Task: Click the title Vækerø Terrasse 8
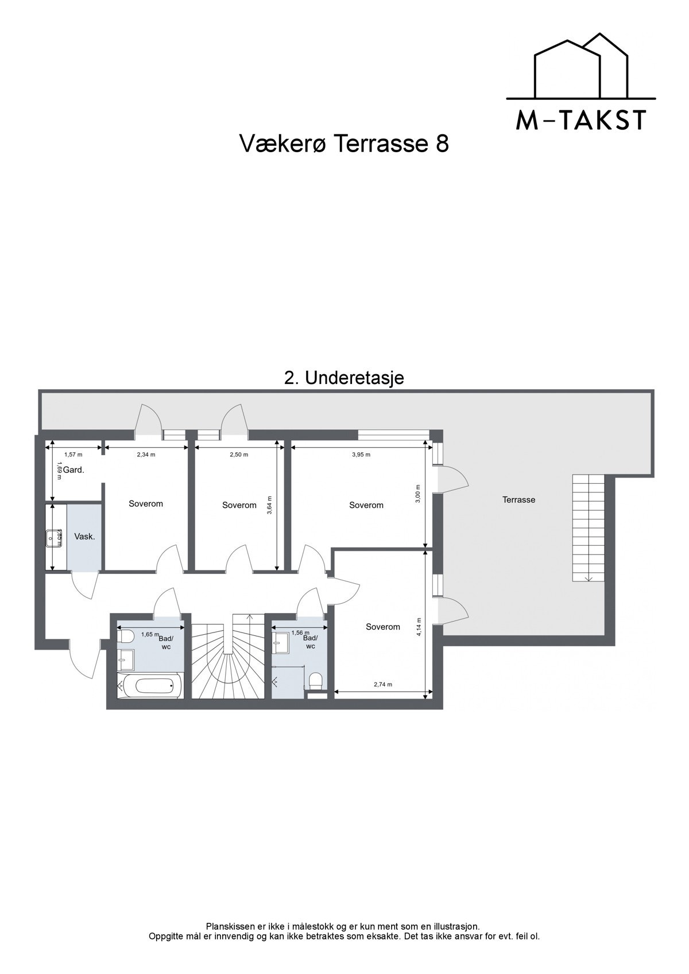pyautogui.click(x=343, y=144)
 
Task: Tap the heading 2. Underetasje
pyautogui.click(x=344, y=378)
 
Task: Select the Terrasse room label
pyautogui.click(x=518, y=500)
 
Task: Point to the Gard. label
pyautogui.click(x=73, y=469)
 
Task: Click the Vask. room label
pyautogui.click(x=85, y=537)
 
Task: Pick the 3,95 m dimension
pyautogui.click(x=361, y=455)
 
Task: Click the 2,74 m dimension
pyautogui.click(x=382, y=684)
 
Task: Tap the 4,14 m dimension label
pyautogui.click(x=420, y=627)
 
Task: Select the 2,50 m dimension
pyautogui.click(x=239, y=455)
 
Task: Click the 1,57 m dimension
pyautogui.click(x=73, y=455)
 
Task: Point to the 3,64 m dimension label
pyautogui.click(x=270, y=505)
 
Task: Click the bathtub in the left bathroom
pyautogui.click(x=149, y=685)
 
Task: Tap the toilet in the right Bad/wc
pyautogui.click(x=315, y=680)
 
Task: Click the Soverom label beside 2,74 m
pyautogui.click(x=383, y=627)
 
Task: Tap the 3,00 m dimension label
pyautogui.click(x=418, y=494)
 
